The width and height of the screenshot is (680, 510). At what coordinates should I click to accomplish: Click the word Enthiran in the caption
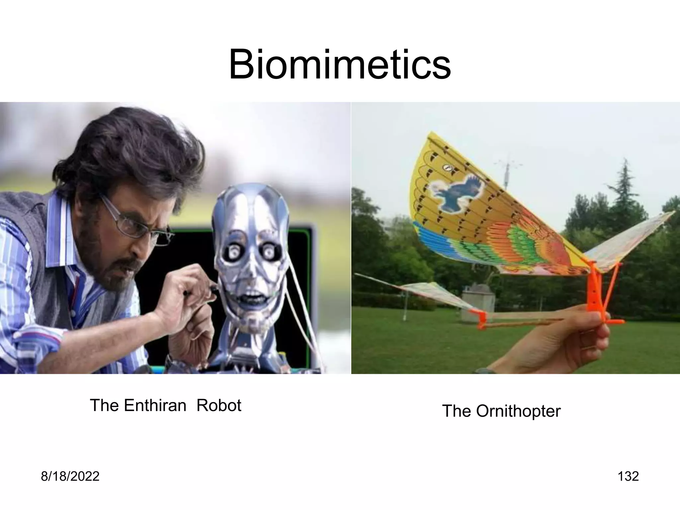tap(155, 405)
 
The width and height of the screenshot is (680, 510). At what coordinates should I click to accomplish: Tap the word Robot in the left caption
tap(218, 405)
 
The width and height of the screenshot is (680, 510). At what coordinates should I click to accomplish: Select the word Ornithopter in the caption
tap(518, 411)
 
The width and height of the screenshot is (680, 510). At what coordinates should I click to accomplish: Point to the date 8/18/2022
tap(70, 476)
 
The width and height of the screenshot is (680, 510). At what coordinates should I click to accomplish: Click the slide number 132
tap(628, 476)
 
